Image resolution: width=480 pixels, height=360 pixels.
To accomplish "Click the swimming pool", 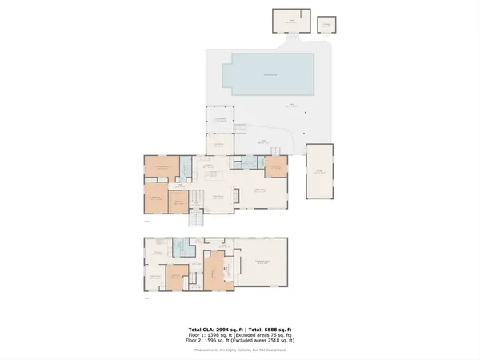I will [266, 74].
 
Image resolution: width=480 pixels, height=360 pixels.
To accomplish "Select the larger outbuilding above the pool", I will [291, 19].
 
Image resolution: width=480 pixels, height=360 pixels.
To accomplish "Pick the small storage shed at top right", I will [326, 25].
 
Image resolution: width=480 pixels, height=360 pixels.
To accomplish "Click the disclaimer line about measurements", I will [240, 350].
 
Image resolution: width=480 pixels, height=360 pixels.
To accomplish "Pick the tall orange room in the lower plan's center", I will [215, 273].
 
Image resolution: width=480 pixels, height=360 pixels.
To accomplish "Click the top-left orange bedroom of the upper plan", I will [161, 167].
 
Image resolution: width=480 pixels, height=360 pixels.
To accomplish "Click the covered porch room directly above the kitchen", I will [218, 145].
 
